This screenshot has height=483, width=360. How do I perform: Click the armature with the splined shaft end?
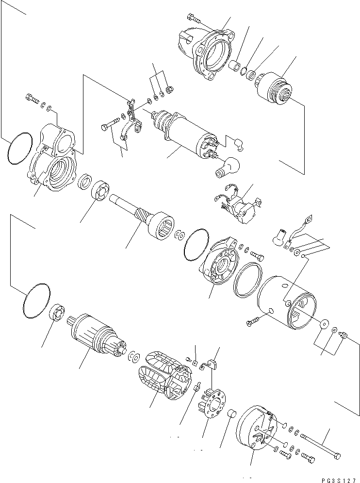[x=97, y=335]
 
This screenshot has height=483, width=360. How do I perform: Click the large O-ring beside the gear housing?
[x=20, y=148]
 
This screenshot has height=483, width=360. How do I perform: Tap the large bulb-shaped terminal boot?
[x=226, y=167]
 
